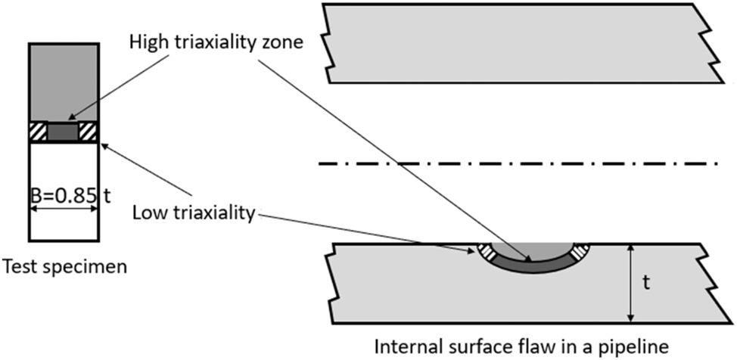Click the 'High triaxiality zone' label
point(216,42)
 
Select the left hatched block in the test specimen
point(37,132)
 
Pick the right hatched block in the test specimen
point(88,132)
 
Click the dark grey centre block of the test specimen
point(63,132)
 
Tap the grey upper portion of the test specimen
point(63,79)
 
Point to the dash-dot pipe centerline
point(515,163)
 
